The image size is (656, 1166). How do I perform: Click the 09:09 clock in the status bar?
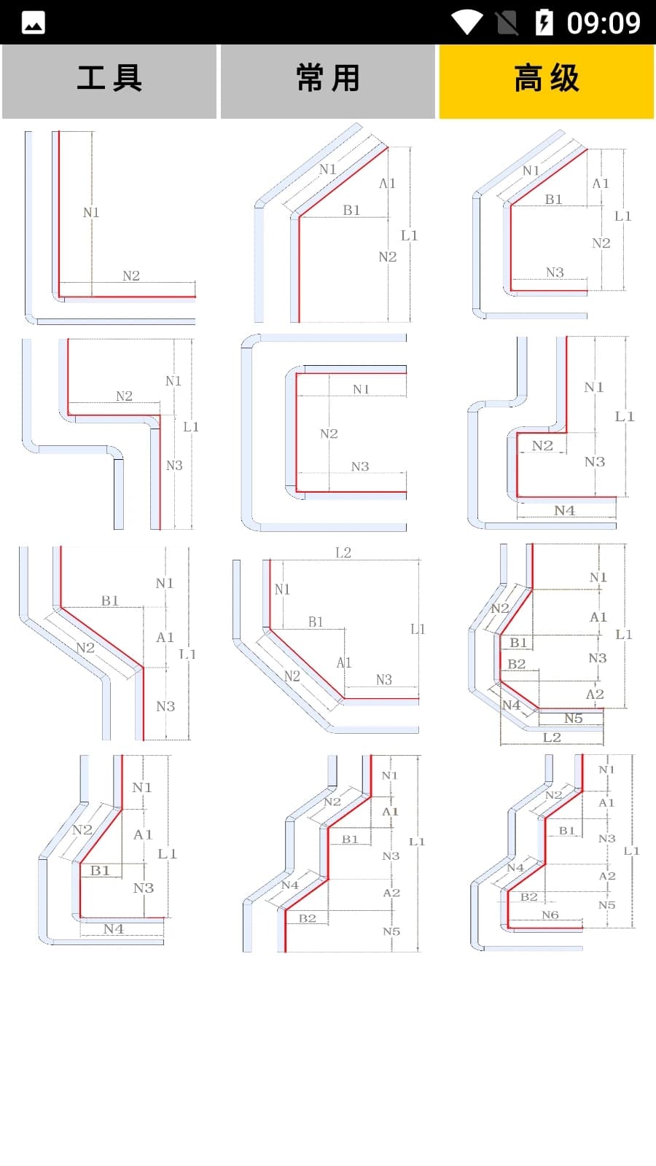604,23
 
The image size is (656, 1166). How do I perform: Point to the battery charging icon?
544,23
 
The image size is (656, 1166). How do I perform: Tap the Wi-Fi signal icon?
467,23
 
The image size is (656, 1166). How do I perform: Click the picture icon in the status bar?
34,23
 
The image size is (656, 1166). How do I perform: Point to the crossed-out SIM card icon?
507,23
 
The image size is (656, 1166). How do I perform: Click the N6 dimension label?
550,915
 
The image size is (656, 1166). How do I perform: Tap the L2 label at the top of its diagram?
343,552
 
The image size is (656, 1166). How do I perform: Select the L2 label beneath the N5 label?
552,737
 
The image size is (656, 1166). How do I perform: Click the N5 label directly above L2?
574,719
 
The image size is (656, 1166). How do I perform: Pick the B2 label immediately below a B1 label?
517,664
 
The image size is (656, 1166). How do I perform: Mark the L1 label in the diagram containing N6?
631,850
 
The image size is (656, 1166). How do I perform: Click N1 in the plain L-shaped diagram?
91,212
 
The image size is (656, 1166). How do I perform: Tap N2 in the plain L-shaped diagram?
131,275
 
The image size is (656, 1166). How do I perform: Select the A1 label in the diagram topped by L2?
344,662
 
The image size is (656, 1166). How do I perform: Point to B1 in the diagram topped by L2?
316,622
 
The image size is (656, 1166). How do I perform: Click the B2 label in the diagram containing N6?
529,896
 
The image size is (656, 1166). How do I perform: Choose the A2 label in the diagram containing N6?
607,875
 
